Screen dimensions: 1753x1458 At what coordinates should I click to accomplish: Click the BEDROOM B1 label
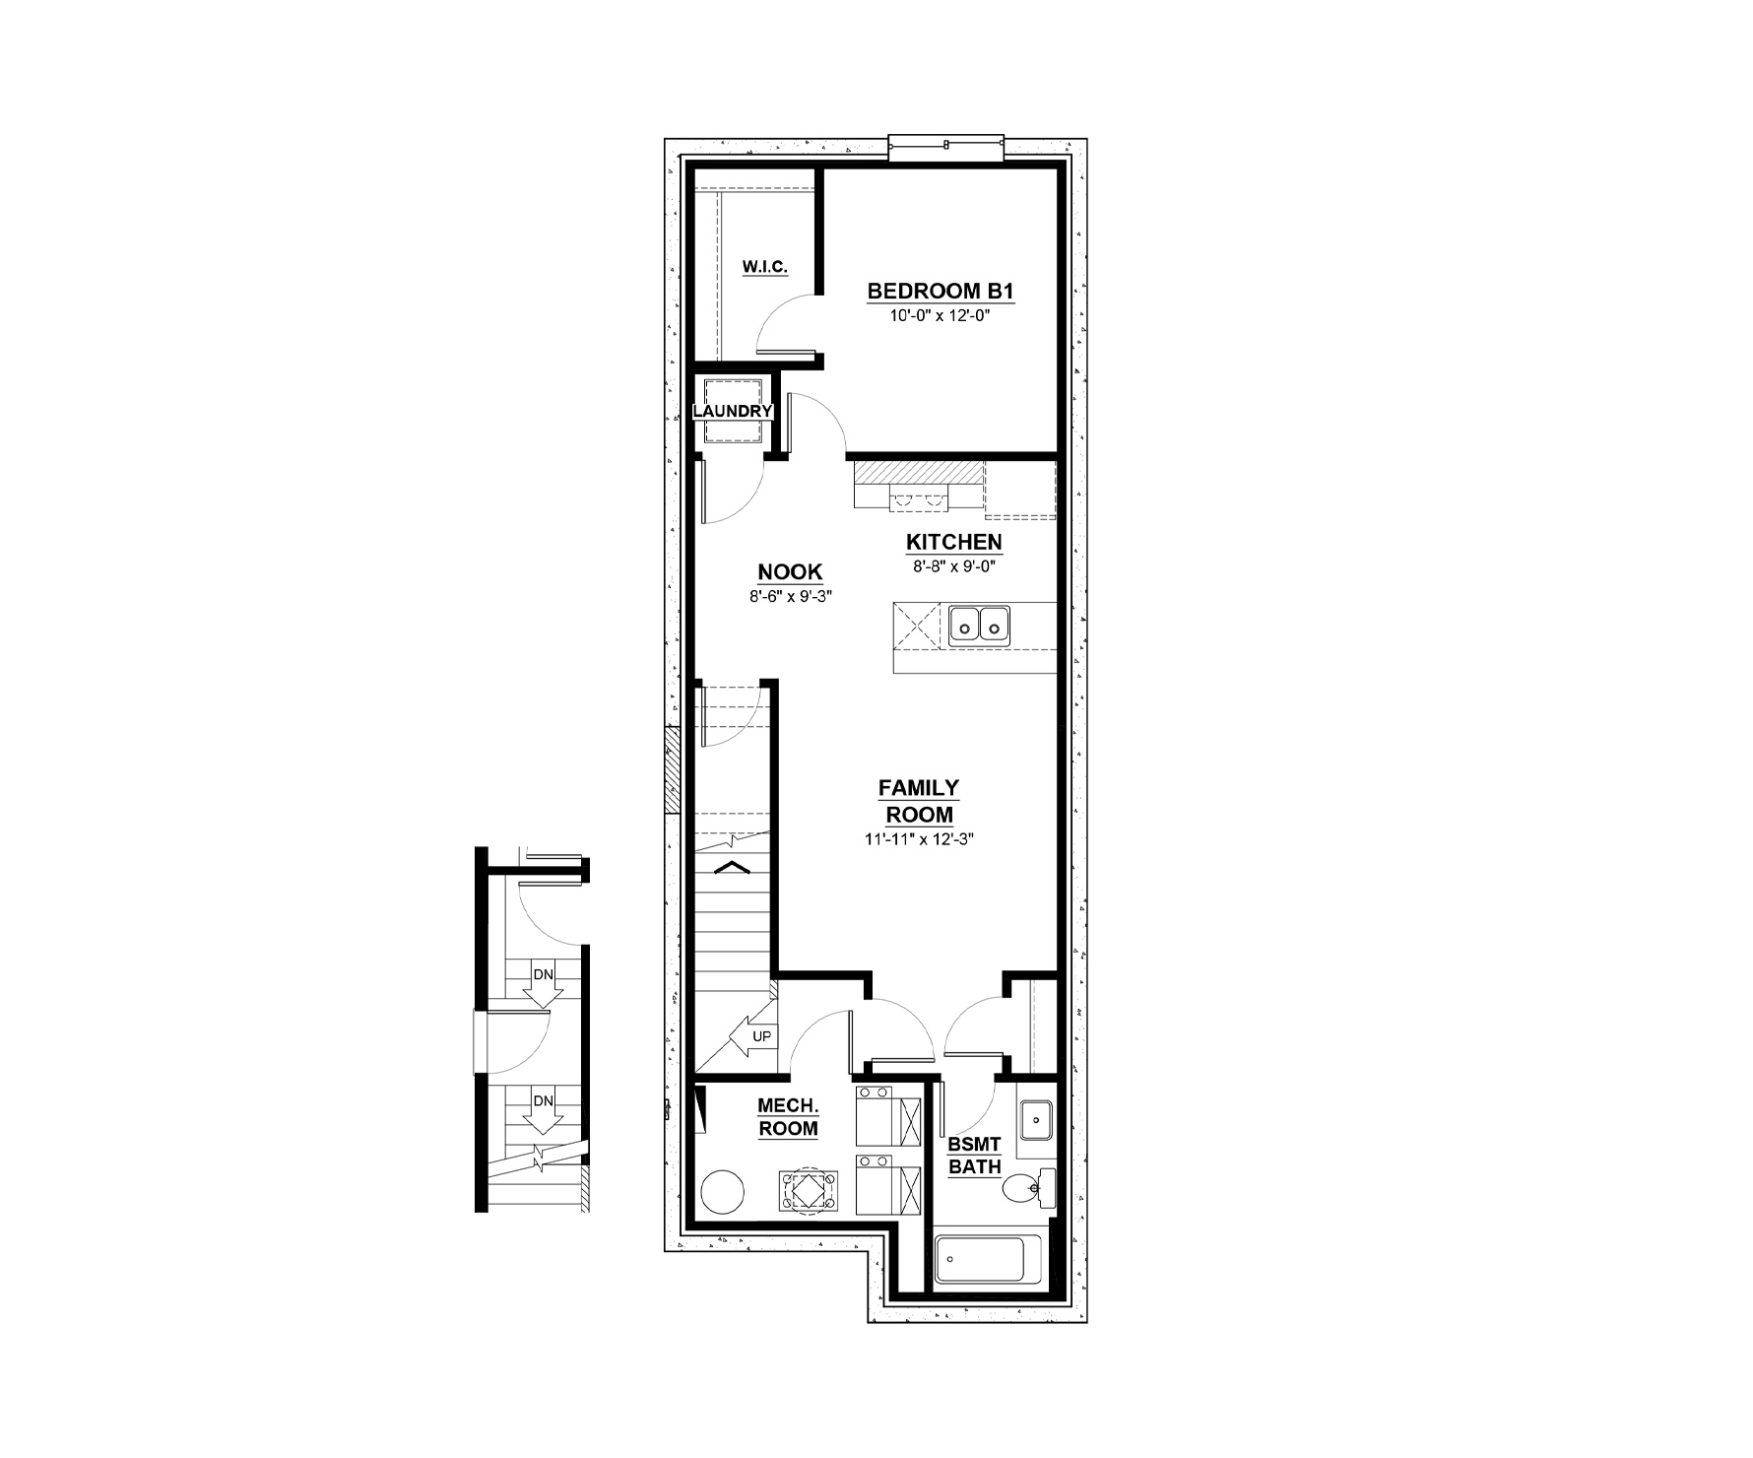click(x=940, y=292)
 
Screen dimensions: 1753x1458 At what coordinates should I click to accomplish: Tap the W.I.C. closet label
click(x=765, y=266)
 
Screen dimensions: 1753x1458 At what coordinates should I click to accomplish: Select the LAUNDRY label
click(x=733, y=411)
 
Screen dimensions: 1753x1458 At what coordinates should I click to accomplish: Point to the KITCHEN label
click(x=954, y=542)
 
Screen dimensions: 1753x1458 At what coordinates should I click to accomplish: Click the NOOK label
click(x=790, y=572)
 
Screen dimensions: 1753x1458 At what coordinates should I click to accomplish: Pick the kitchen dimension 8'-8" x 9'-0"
click(x=954, y=565)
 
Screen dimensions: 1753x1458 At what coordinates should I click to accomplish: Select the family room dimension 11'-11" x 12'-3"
click(x=919, y=839)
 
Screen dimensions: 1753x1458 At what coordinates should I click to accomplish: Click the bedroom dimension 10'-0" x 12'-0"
click(x=940, y=315)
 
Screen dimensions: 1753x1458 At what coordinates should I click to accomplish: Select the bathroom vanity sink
click(x=1036, y=1119)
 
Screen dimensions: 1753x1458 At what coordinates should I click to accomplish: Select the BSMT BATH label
click(x=975, y=1157)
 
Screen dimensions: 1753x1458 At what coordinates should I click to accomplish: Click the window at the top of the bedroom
click(x=945, y=148)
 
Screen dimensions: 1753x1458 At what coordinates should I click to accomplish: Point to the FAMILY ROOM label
click(x=919, y=801)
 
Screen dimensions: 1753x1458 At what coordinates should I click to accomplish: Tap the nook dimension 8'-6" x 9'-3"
click(x=790, y=596)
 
